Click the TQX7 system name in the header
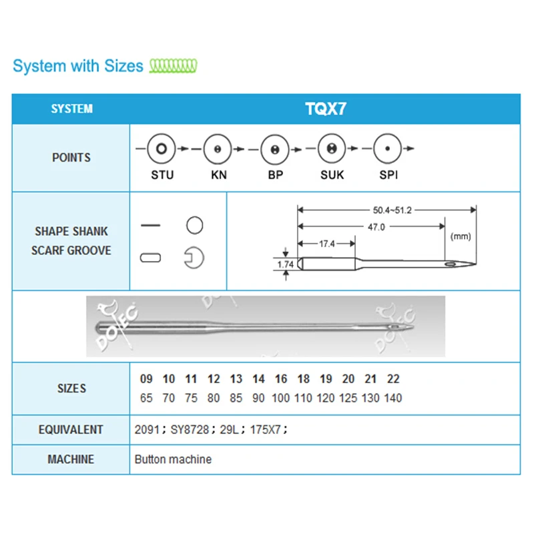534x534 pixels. [325, 109]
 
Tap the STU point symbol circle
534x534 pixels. [162, 148]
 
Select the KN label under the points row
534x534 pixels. [218, 175]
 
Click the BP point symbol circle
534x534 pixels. [274, 148]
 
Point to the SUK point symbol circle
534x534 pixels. [330, 148]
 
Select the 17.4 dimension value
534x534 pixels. [326, 244]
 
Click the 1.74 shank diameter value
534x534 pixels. [286, 265]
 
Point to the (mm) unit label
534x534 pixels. [461, 236]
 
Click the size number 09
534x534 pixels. [146, 379]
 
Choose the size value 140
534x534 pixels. [393, 398]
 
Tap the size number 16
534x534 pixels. [281, 379]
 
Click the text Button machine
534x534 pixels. [173, 459]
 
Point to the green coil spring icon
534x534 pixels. [173, 65]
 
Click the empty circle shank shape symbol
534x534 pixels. [194, 226]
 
